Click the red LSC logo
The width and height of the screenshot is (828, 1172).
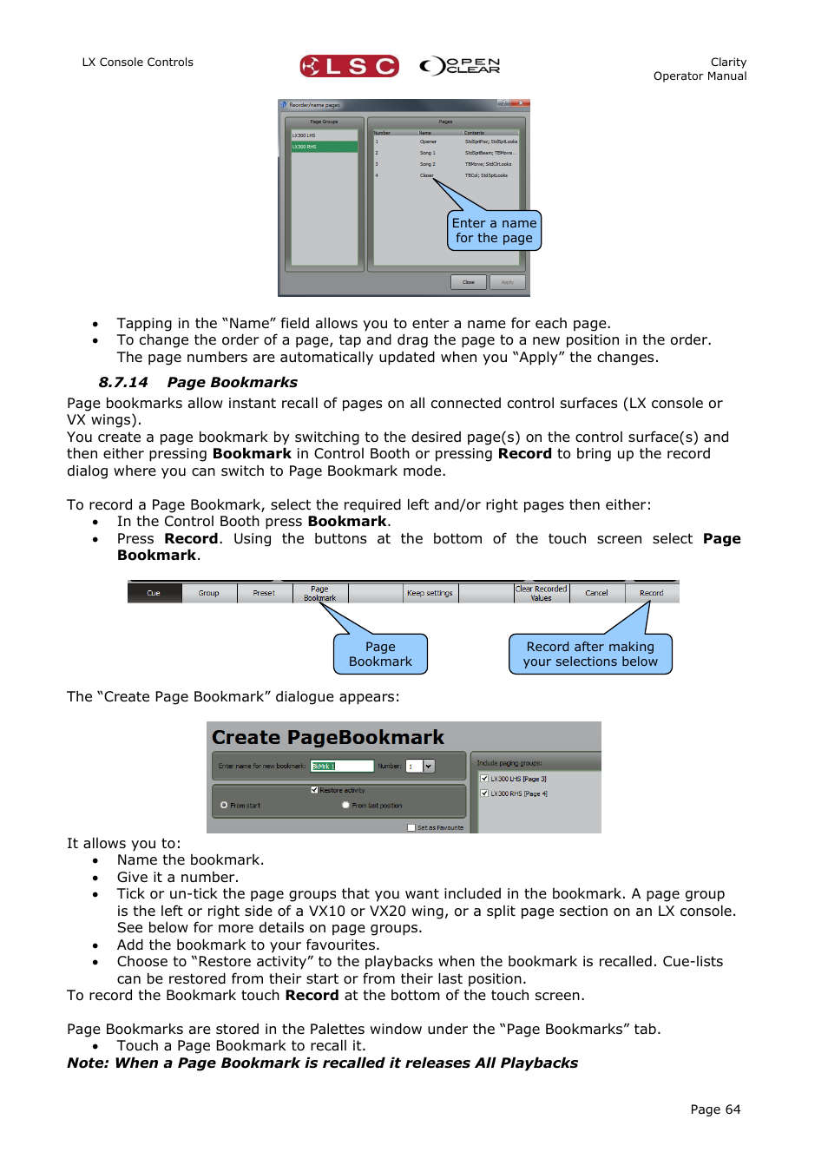coord(349,66)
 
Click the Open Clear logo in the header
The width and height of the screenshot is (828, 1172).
coord(460,66)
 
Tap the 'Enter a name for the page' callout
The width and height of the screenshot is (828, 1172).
coord(494,230)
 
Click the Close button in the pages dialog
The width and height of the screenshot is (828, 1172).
coord(469,282)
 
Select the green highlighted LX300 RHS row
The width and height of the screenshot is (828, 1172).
coord(324,147)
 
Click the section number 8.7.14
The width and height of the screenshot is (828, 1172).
coord(123,382)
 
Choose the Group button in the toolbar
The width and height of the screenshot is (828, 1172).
coord(208,593)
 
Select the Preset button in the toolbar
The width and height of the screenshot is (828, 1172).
coord(264,593)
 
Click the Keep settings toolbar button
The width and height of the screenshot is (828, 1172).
coord(430,593)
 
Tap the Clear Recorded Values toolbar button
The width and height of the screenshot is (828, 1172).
coord(541,593)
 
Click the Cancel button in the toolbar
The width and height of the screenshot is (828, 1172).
coord(596,593)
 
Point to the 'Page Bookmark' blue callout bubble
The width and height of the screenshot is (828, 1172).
coord(380,654)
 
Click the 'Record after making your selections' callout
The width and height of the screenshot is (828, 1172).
coord(590,654)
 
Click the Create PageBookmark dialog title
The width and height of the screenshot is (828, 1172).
coord(328,737)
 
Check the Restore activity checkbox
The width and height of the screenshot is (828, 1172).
coord(314,790)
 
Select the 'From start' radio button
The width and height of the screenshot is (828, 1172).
coord(224,805)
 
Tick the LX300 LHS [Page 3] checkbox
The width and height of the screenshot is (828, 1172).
coord(484,779)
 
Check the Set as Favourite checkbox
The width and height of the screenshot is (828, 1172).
coord(411,827)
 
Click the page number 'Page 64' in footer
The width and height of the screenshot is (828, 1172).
coord(715,1109)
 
